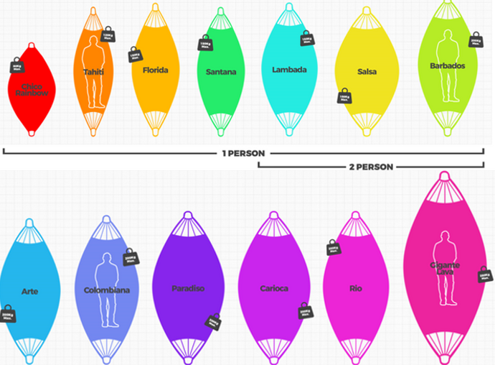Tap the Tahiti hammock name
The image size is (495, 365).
[93, 72]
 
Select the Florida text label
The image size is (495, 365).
[155, 70]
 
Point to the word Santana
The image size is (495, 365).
[220, 72]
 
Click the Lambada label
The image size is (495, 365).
[290, 70]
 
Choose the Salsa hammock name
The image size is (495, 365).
[367, 72]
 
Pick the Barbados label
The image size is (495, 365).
[448, 66]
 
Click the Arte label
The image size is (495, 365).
[30, 292]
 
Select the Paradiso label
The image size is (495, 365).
[188, 289]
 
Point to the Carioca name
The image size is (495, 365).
[273, 289]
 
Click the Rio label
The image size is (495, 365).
[356, 289]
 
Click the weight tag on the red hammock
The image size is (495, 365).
[16, 68]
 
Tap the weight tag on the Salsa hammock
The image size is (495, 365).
[344, 96]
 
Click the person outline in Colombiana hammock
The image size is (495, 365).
[107, 287]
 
